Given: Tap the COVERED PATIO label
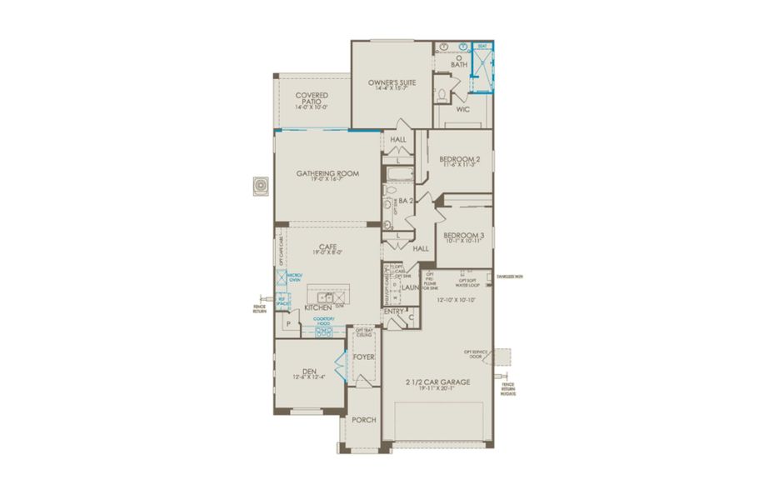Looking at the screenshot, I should point(312,100).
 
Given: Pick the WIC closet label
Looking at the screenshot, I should point(463,108).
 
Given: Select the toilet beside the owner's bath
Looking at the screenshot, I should point(442,93).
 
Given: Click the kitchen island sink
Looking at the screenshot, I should point(329,297).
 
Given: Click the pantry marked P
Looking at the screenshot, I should point(288,322).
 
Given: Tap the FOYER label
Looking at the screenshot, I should point(363,357).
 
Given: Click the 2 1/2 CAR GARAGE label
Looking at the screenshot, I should point(437,384).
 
